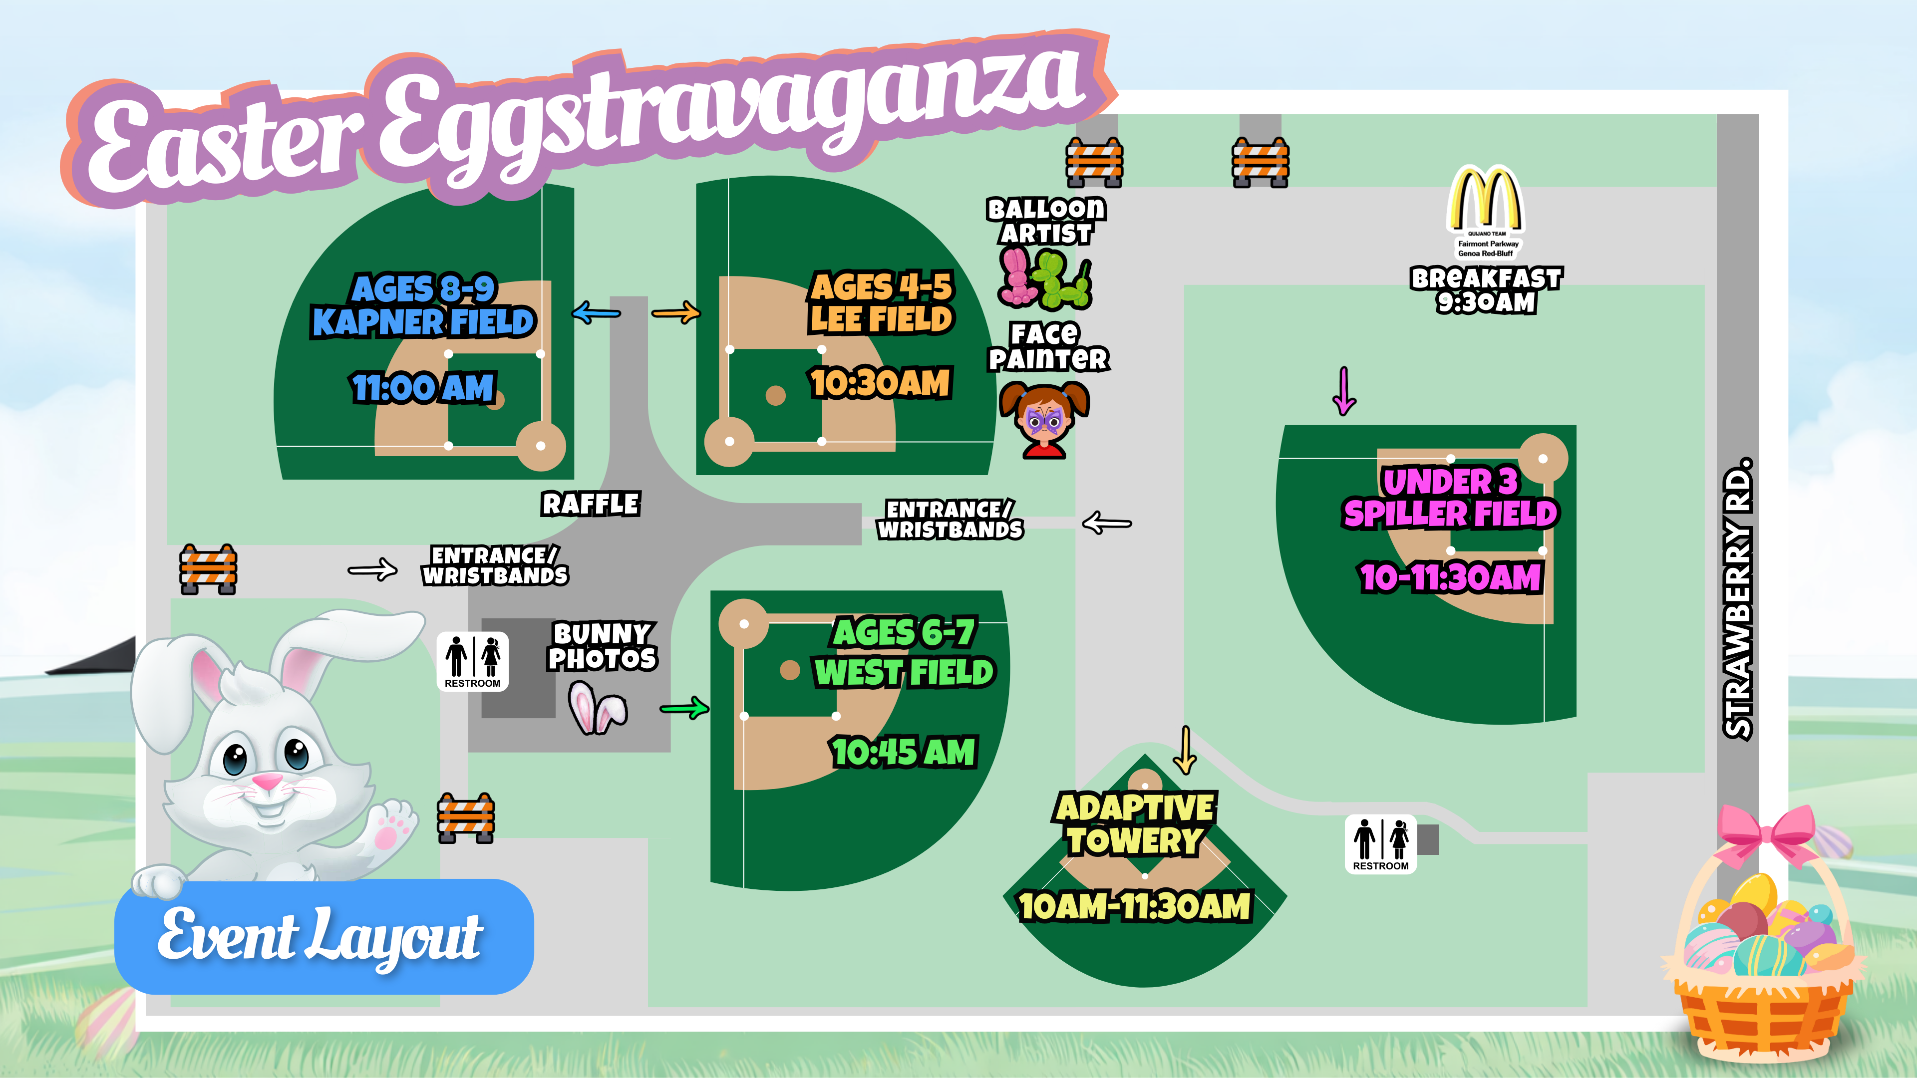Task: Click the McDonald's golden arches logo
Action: (1485, 199)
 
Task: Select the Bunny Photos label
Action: (602, 646)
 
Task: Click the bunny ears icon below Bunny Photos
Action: (598, 709)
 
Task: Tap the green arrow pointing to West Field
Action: (684, 708)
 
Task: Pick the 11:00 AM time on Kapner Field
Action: (423, 388)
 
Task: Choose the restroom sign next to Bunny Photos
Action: (473, 661)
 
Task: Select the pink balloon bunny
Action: (1016, 276)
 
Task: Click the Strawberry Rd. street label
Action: (1739, 599)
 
